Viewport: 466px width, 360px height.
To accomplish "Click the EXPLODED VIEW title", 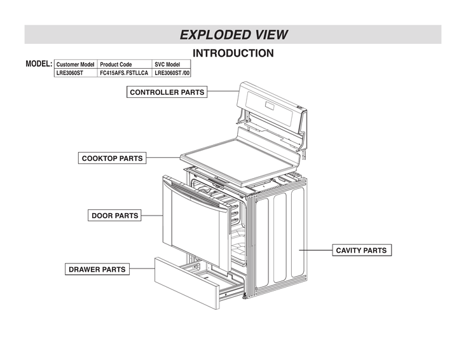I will click(x=233, y=34).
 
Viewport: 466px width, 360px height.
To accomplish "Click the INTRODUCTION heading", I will click(x=233, y=53).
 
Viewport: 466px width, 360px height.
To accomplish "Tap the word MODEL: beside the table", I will click(x=38, y=65).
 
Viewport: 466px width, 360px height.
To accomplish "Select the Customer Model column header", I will click(x=75, y=65).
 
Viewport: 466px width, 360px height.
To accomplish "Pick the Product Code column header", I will click(x=116, y=65).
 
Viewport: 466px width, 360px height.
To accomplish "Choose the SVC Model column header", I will click(x=168, y=65).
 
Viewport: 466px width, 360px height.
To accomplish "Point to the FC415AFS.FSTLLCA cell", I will click(x=124, y=73).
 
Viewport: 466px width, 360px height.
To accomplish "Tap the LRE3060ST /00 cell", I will click(x=172, y=73).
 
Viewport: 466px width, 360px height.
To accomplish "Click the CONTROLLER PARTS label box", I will click(x=167, y=92).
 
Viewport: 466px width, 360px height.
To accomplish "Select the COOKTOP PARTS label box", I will click(x=112, y=158).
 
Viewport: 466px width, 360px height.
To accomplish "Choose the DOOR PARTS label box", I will click(x=114, y=216).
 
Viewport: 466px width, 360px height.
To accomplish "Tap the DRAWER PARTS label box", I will click(x=97, y=269).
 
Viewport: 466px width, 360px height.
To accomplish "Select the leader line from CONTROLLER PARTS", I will click(x=223, y=92).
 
